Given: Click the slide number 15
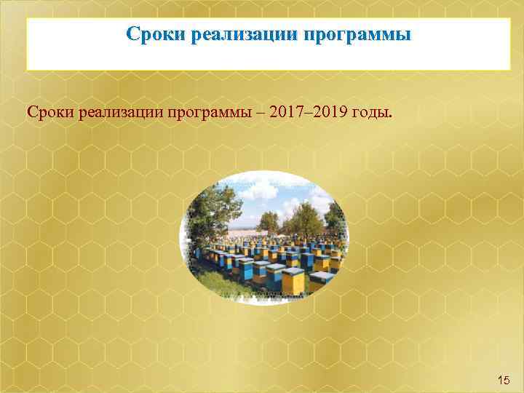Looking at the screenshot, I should (x=503, y=378).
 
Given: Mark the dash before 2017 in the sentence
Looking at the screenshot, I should (x=262, y=114).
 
